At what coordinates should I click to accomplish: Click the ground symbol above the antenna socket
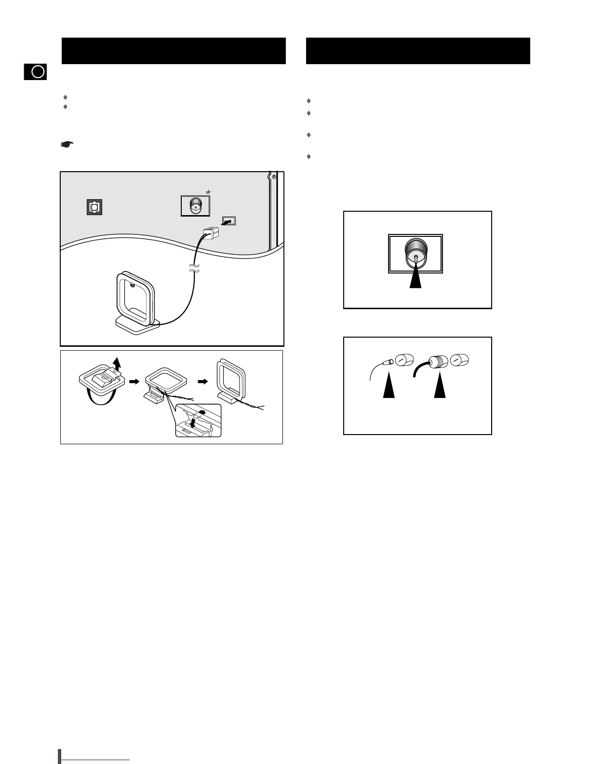tap(208, 192)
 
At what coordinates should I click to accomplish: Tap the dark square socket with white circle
tap(94, 207)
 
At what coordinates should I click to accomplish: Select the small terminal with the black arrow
tap(228, 221)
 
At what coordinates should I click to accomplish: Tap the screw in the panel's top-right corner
tap(274, 177)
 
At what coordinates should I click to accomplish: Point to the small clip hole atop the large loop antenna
tap(132, 285)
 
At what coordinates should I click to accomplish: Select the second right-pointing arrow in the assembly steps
tap(203, 381)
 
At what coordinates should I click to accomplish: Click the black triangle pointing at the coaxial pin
tap(416, 278)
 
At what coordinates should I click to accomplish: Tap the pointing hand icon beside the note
tap(67, 144)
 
